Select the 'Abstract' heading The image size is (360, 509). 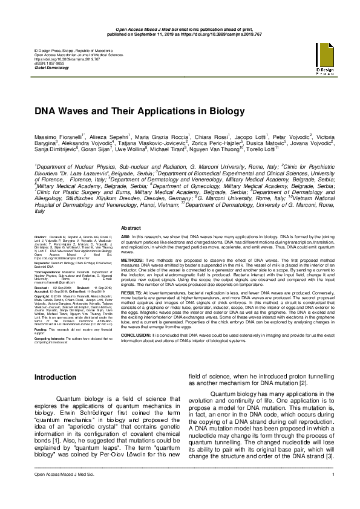(131, 226)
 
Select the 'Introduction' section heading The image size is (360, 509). (55, 377)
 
